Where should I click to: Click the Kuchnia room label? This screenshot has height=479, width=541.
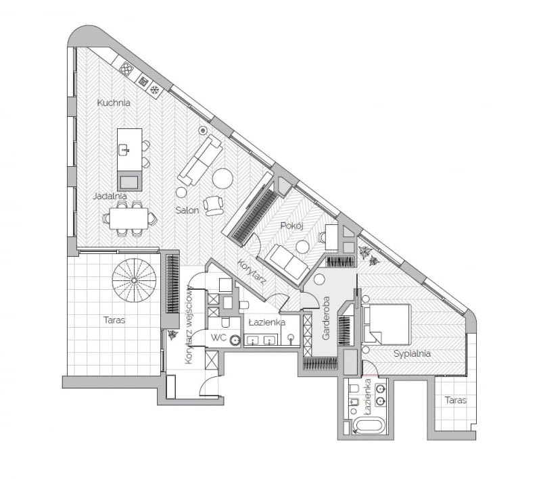click(113, 103)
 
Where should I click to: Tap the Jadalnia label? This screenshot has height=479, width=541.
click(110, 196)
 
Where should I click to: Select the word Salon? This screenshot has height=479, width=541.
click(187, 210)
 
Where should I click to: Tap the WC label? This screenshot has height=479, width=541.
click(218, 337)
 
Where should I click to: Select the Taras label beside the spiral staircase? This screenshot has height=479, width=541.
click(114, 320)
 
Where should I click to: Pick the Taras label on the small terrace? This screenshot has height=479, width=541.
click(455, 400)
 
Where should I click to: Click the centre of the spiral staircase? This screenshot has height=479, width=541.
click(134, 280)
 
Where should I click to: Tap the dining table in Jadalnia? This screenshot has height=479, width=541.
click(128, 218)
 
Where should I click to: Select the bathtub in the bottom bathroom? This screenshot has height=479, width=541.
click(369, 427)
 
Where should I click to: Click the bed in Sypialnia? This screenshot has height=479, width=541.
click(387, 324)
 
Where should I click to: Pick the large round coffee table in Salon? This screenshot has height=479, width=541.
click(222, 178)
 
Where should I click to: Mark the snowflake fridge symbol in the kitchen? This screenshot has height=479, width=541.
click(154, 89)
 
